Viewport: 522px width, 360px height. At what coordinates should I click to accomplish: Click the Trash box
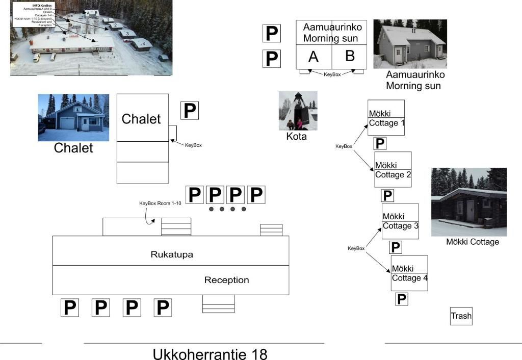[x=461, y=316]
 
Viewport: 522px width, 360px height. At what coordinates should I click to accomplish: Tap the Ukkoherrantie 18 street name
[x=210, y=353]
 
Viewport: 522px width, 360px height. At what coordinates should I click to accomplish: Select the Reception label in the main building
[x=226, y=280]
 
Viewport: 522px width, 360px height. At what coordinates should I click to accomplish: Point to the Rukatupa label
[x=172, y=254]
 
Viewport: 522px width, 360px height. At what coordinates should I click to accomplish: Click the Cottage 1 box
[x=386, y=118]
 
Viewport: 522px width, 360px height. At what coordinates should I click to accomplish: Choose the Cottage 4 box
[x=409, y=273]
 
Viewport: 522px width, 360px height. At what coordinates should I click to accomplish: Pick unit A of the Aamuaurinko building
[x=314, y=57]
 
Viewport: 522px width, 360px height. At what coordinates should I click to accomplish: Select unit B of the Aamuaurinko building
[x=350, y=56]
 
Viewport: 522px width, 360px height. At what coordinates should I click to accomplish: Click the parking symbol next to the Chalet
[x=190, y=110]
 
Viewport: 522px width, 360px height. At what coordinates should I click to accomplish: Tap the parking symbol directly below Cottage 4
[x=402, y=299]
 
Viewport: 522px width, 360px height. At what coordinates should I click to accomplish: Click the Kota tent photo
[x=298, y=111]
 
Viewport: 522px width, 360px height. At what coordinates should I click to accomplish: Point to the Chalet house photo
[x=73, y=117]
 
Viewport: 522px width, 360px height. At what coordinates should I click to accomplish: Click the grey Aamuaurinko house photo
[x=410, y=44]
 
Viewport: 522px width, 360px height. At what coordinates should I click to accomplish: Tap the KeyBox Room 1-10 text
[x=160, y=203]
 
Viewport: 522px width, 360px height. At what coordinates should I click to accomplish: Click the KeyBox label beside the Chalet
[x=193, y=145]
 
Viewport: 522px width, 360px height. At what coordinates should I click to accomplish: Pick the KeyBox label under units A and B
[x=332, y=74]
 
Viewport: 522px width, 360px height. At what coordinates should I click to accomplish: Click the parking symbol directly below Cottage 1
[x=380, y=143]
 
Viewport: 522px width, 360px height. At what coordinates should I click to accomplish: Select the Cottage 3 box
[x=400, y=221]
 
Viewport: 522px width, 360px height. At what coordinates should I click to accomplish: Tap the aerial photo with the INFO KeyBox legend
[x=91, y=38]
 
